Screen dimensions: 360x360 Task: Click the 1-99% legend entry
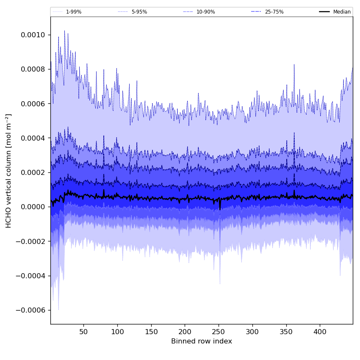[73, 12]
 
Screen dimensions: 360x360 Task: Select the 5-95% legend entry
[139, 12]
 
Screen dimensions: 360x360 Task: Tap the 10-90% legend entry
[205, 12]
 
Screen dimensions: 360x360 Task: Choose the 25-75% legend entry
[274, 12]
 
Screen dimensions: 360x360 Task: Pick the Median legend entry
[342, 12]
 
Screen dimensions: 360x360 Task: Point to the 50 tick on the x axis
[83, 331]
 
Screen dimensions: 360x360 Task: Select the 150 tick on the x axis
[151, 331]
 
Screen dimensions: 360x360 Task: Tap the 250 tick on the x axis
[219, 331]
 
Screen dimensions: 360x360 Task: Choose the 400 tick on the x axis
[320, 331]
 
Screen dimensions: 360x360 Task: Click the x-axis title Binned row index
[202, 341]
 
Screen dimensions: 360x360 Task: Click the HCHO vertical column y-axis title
[9, 171]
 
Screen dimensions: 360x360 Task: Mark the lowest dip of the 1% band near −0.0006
[58, 310]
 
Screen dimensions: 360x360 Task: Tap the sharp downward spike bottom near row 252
[220, 283]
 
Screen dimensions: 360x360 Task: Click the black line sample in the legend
[325, 12]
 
